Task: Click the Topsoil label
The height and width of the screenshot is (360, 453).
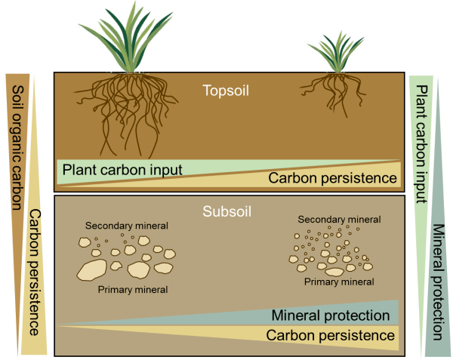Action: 226,91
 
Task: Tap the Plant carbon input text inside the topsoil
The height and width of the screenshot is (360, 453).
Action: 122,170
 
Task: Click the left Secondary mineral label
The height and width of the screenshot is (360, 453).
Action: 126,226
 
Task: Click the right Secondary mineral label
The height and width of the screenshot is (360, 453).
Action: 336,220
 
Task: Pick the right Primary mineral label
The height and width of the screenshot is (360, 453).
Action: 340,282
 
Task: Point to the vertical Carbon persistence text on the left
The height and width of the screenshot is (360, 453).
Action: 35,272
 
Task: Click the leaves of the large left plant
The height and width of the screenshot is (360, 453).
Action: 137,38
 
